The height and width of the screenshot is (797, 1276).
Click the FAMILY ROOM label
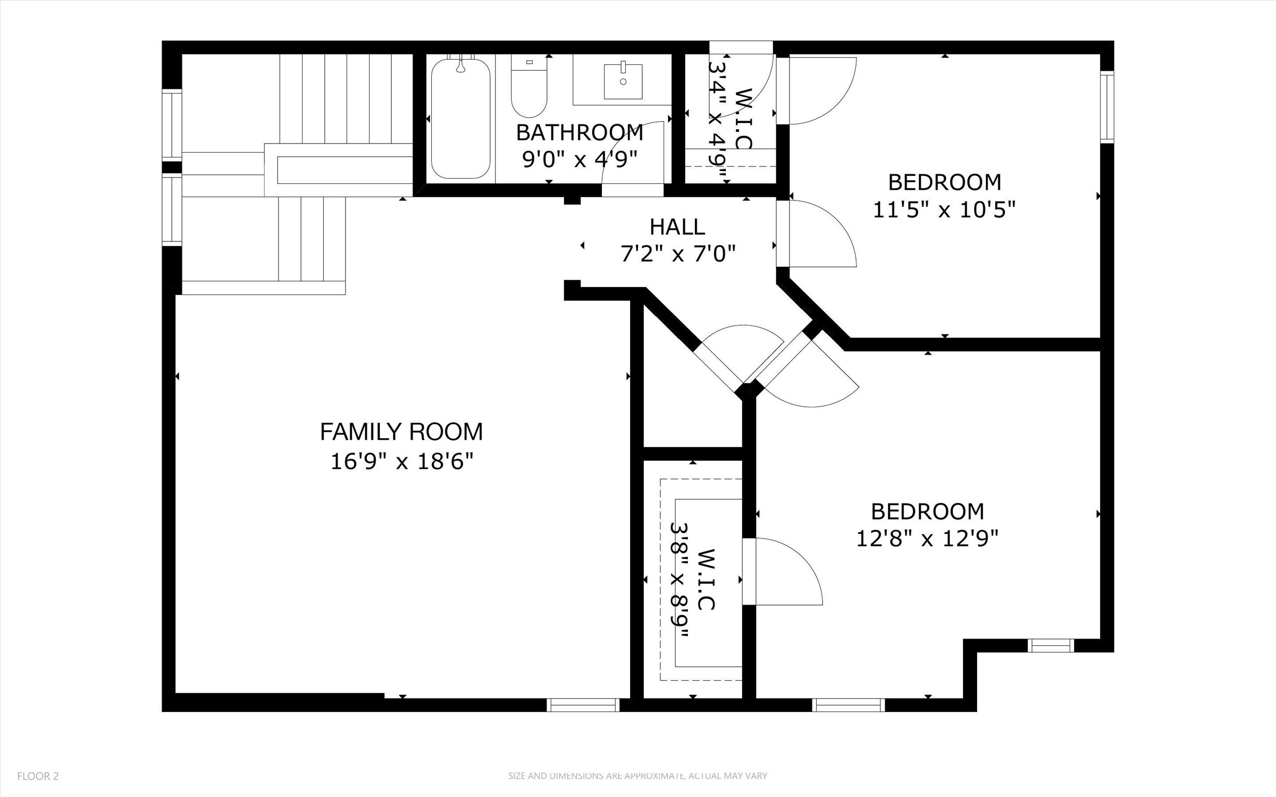tap(401, 432)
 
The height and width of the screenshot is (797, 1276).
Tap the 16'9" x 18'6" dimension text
tap(401, 461)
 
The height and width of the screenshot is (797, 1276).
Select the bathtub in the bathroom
tap(460, 118)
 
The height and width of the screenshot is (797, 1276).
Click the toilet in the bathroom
tap(529, 87)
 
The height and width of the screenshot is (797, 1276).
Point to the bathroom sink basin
tap(623, 81)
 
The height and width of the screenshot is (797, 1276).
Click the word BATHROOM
tap(580, 133)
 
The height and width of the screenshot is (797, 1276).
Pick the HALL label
tap(677, 227)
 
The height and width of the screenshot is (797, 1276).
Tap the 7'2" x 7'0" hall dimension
tap(678, 254)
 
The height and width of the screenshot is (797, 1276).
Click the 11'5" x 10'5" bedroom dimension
tap(944, 209)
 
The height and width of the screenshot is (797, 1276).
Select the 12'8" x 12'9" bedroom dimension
tap(927, 539)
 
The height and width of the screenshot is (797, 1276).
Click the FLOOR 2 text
tap(38, 776)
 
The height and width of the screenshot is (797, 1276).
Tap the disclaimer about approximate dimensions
tap(637, 776)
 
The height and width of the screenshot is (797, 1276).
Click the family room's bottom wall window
tap(583, 705)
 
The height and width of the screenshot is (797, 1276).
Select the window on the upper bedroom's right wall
tap(1107, 107)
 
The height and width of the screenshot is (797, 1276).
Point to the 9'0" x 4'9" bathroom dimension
tap(580, 158)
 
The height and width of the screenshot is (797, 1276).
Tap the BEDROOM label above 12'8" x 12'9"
tap(927, 511)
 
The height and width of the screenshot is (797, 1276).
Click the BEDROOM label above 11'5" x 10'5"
tap(944, 182)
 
